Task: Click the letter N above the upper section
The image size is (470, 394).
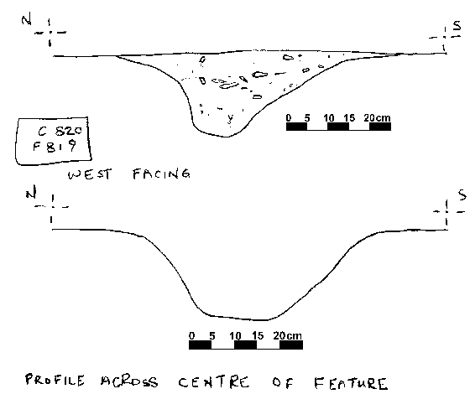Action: click(x=26, y=20)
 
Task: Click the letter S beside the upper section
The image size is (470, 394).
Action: click(x=457, y=26)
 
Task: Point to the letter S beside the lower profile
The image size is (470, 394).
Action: click(x=462, y=195)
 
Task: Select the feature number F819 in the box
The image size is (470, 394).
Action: click(x=55, y=147)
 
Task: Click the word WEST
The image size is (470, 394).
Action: click(x=90, y=174)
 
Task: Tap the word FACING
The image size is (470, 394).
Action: click(x=161, y=174)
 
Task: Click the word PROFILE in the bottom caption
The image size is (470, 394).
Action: click(x=55, y=380)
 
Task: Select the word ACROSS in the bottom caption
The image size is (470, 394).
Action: click(x=129, y=381)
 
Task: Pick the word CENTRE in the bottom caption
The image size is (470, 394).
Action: click(x=214, y=382)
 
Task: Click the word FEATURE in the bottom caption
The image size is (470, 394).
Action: click(x=350, y=384)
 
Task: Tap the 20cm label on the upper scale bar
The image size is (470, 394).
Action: click(x=377, y=118)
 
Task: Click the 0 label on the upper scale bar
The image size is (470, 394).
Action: click(x=289, y=117)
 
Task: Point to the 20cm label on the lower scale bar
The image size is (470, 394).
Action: click(x=287, y=335)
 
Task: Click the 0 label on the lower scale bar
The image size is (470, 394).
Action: click(x=192, y=335)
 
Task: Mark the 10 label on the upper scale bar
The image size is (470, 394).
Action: click(x=329, y=118)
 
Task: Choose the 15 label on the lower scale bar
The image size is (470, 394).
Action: click(x=258, y=335)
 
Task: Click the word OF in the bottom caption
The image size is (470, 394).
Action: click(x=283, y=382)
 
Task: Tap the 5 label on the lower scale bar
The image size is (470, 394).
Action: click(x=212, y=335)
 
